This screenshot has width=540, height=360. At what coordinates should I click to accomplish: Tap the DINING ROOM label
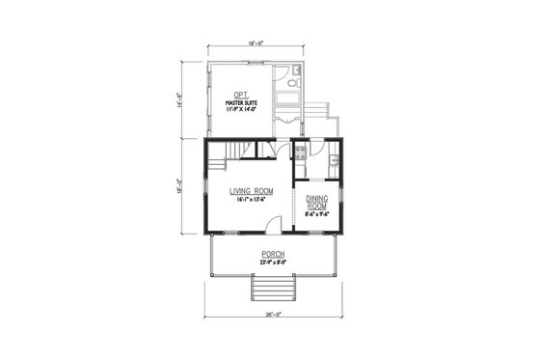[x=317, y=202]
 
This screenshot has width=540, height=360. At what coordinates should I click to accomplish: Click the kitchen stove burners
[x=300, y=153]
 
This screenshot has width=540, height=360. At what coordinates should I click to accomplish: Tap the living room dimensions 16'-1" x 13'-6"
[x=247, y=200]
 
